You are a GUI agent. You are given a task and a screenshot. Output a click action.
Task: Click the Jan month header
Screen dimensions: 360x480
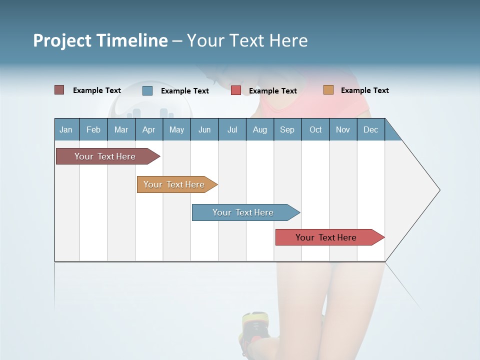66,129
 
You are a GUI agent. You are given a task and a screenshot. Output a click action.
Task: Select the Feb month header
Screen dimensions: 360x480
93,129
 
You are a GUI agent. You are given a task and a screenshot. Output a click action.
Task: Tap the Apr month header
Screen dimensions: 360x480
148,129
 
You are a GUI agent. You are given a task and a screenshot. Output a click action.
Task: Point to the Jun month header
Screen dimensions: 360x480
204,129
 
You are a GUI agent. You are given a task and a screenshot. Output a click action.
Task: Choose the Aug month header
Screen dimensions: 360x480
259,129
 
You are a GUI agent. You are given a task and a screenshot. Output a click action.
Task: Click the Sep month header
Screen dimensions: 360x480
287,129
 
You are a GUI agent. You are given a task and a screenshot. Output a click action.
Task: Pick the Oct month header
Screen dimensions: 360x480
315,129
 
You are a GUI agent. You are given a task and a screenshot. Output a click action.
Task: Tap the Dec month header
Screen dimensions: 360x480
370,129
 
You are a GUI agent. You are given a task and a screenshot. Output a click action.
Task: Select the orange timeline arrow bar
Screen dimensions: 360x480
175,184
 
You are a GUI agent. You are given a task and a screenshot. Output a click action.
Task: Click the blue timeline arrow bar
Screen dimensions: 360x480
244,212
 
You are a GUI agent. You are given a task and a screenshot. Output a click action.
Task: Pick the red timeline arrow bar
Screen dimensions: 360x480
327,237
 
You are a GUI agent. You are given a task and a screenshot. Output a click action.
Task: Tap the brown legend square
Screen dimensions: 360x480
59,90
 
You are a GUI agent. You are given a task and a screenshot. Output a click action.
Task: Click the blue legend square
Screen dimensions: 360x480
147,90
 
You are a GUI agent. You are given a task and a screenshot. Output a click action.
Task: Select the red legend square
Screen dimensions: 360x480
236,90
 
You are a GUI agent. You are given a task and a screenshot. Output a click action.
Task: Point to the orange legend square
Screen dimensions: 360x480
328,90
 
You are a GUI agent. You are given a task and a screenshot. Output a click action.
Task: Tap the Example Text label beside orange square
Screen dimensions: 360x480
364,90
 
